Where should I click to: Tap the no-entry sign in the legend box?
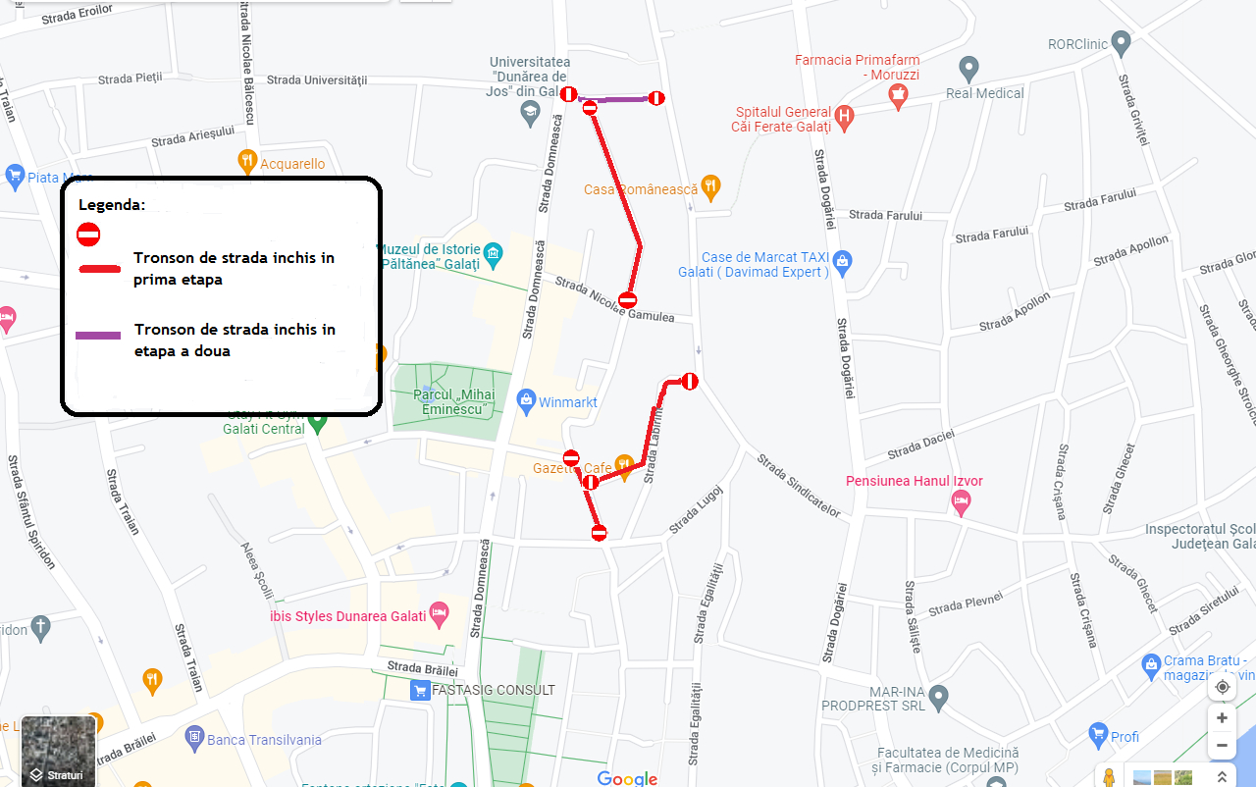point(88,235)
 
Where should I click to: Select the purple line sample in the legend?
point(98,336)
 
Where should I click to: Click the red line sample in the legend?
point(98,268)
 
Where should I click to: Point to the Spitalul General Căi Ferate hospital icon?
point(844,119)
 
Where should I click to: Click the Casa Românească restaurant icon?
point(710,186)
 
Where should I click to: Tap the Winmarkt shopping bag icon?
point(526,400)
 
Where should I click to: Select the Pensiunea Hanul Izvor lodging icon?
point(962,502)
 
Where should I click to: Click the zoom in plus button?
point(1222,717)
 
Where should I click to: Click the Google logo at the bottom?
point(627,778)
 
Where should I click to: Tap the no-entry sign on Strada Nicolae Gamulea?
point(628,300)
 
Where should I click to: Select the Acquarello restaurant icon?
point(247,160)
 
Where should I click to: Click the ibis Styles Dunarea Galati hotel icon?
point(440,613)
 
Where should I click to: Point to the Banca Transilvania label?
point(265,740)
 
